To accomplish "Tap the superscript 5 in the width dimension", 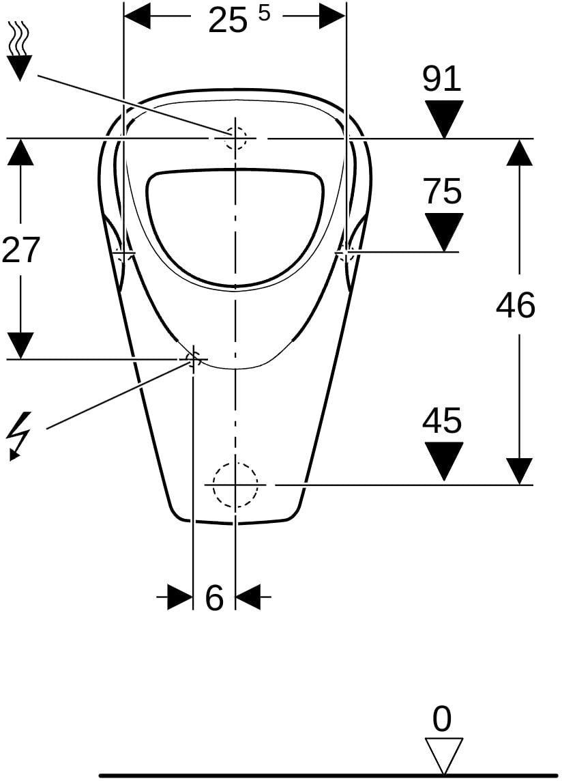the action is click(264, 14).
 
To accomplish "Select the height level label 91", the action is click(442, 79).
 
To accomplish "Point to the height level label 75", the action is click(443, 191).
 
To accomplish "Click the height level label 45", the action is click(442, 420).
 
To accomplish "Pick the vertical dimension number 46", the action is click(516, 305).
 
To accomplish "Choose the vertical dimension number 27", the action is click(20, 250).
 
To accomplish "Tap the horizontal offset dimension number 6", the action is click(214, 598).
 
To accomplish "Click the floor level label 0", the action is click(442, 720).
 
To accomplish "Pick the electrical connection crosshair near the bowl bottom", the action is click(192, 358).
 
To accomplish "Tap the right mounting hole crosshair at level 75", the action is click(346, 253).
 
